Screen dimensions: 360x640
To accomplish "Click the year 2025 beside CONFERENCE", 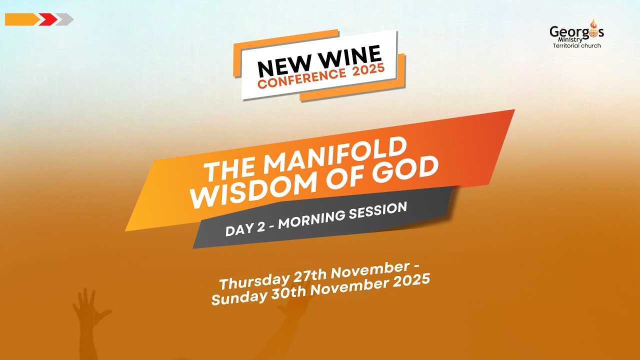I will coord(368,69).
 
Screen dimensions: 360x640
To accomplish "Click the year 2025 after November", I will coord(410,279).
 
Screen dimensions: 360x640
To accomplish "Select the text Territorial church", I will coord(576,46).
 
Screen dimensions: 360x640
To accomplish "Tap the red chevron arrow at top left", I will coord(48,19).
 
